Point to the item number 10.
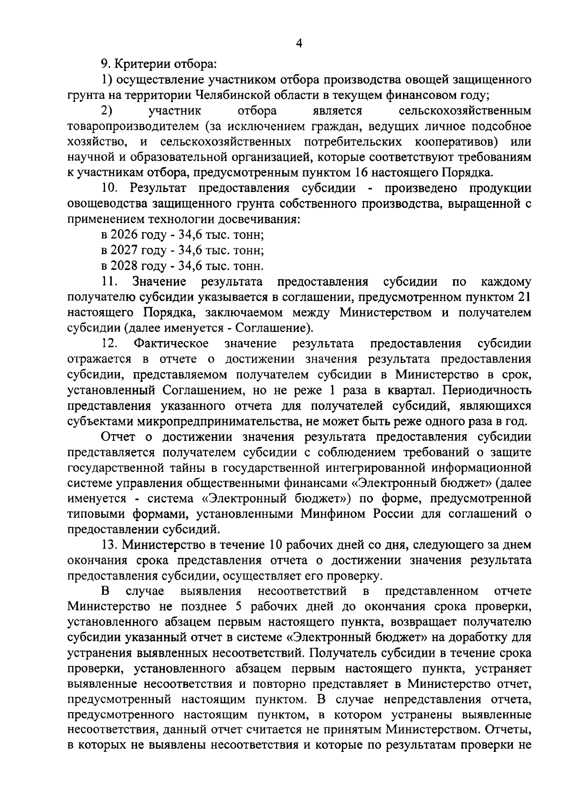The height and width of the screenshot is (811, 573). click(x=109, y=189)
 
